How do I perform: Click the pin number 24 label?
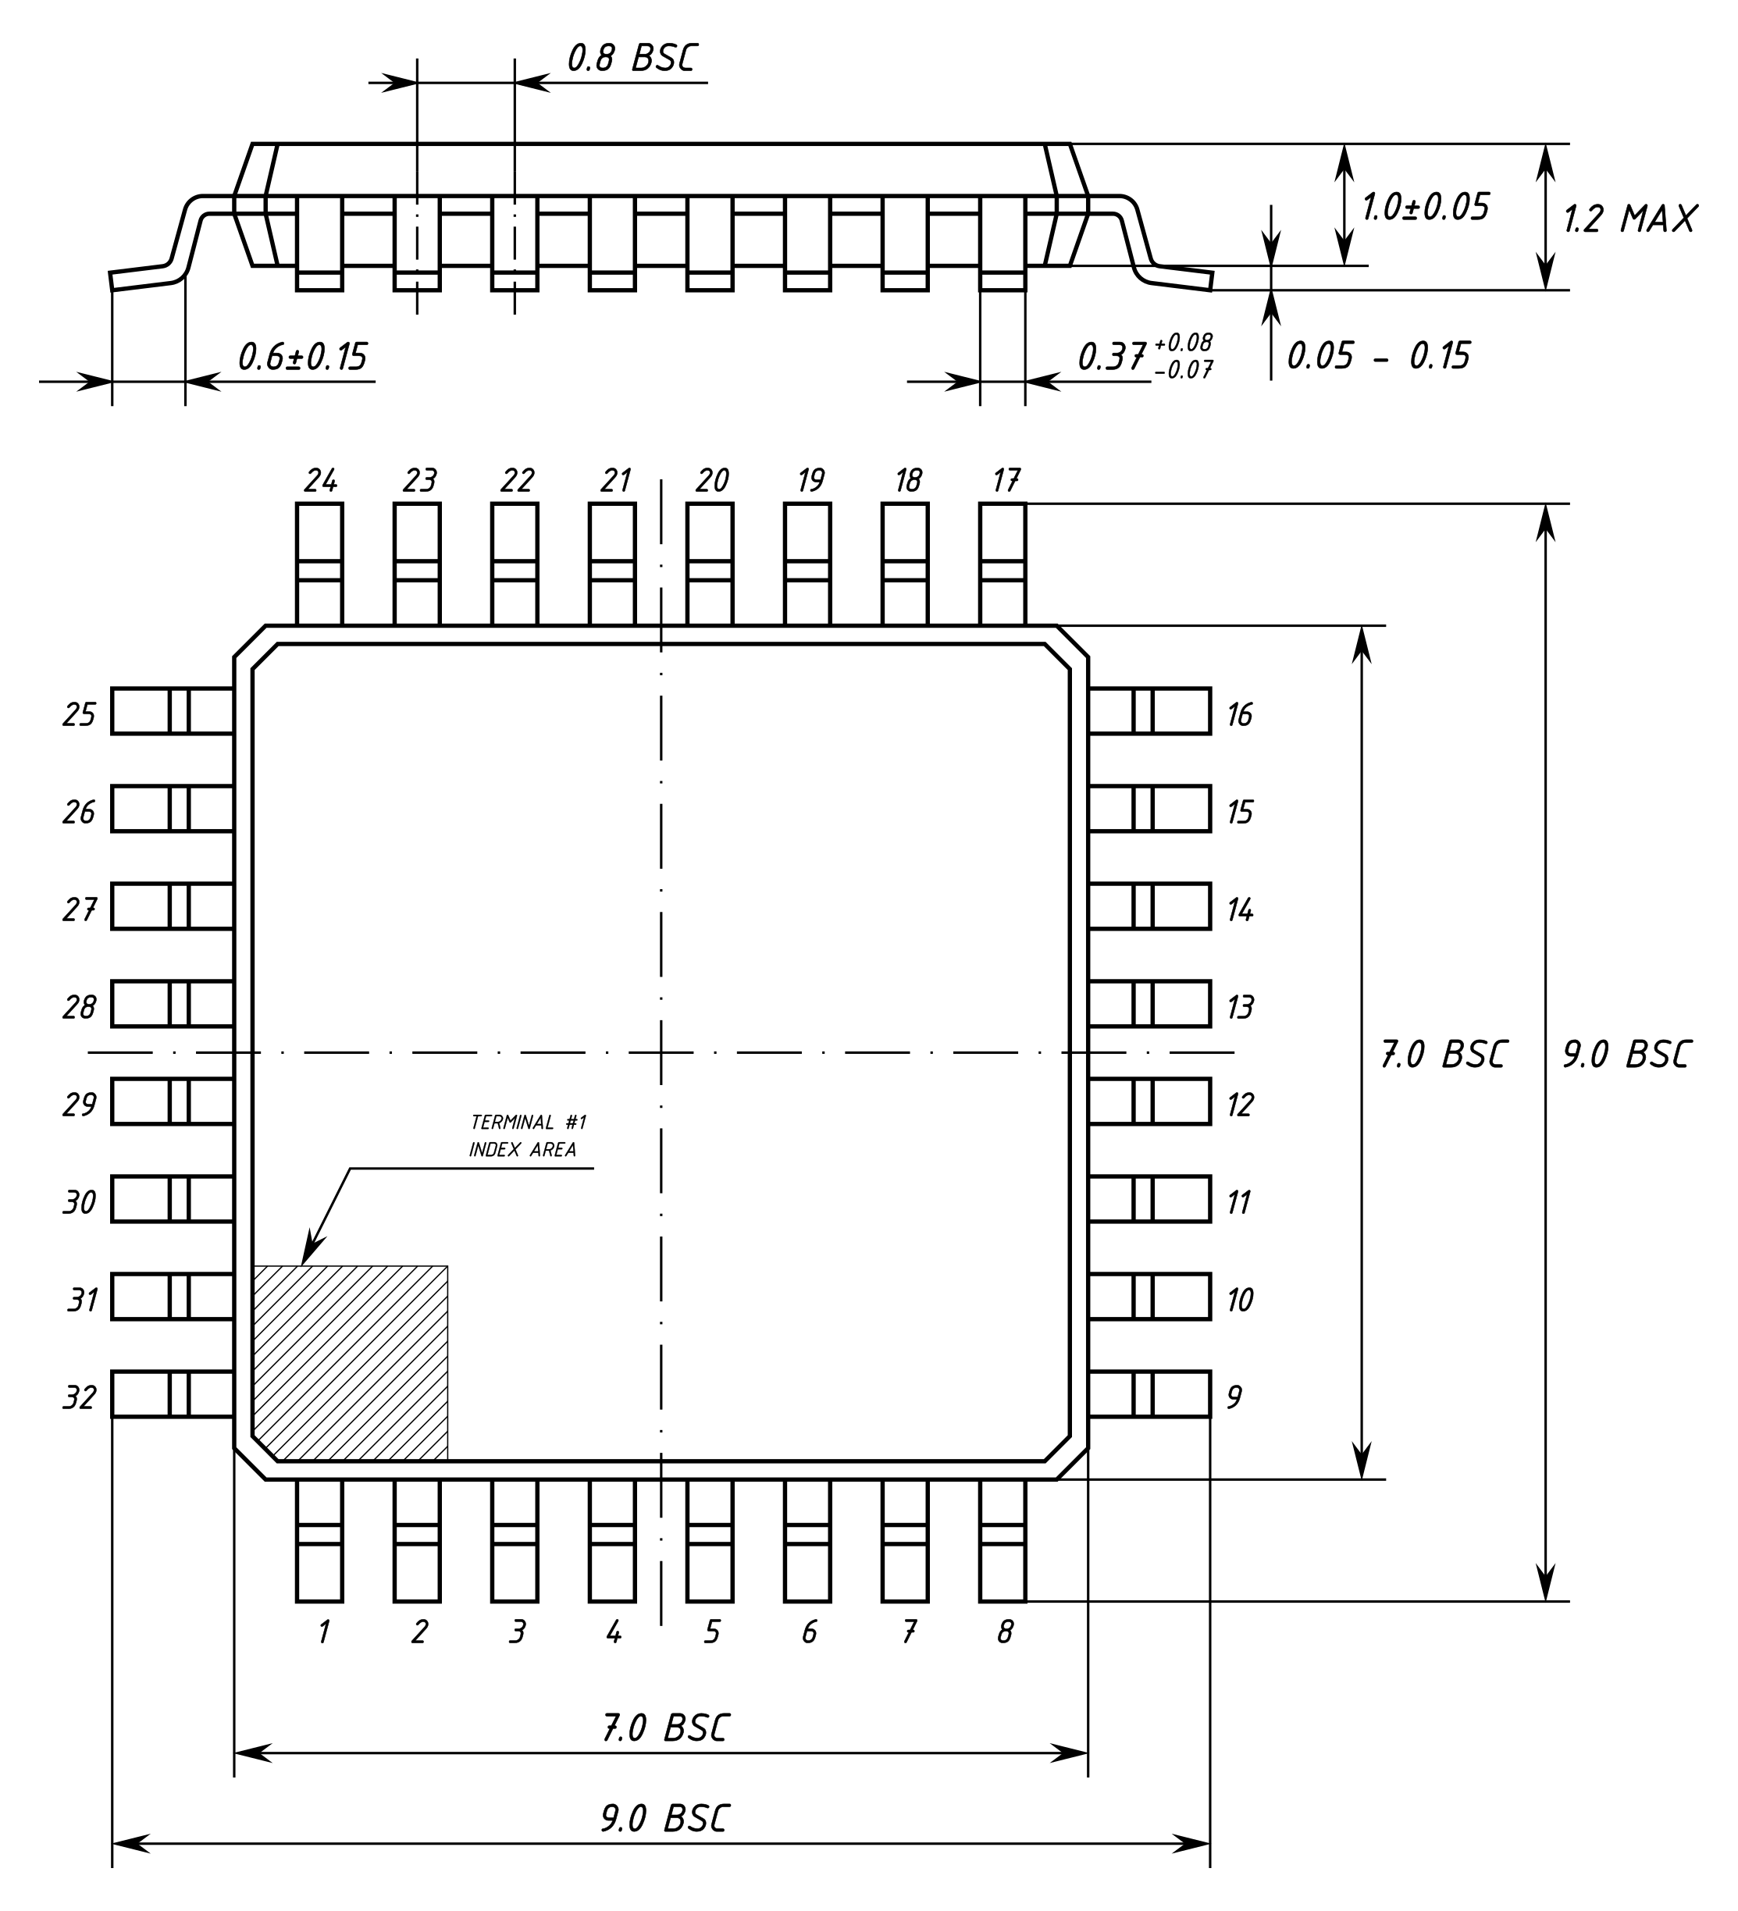click(320, 481)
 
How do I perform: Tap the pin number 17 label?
click(1006, 481)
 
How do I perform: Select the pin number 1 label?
click(323, 1632)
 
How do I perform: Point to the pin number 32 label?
click(80, 1397)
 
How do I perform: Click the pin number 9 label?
click(1234, 1397)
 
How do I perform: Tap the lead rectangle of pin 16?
click(1149, 711)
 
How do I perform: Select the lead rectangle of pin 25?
click(173, 711)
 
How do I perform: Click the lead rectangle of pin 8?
click(1003, 1540)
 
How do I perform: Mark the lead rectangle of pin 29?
click(173, 1101)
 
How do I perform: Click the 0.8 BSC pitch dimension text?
click(632, 59)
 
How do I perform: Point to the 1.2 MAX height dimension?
click(1629, 219)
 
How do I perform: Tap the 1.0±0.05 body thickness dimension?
click(1425, 207)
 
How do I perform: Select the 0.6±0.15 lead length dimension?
click(301, 357)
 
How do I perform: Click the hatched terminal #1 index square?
click(350, 1362)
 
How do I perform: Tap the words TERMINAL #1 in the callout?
click(528, 1123)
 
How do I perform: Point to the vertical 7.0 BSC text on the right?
click(1442, 1054)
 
